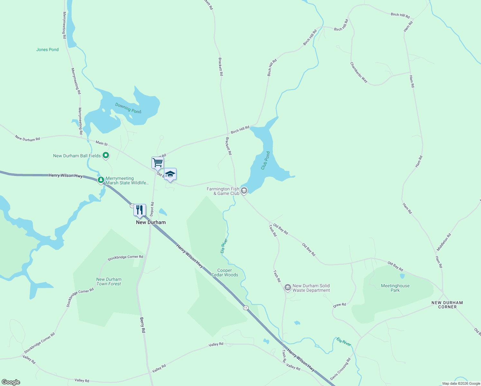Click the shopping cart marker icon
coord(158,162)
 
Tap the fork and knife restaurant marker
coord(140,210)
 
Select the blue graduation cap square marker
coord(170,174)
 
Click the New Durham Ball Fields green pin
coord(105,156)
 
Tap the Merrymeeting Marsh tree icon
coord(101,180)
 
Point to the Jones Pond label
coord(47,50)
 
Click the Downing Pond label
coord(128,108)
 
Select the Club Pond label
coord(265,161)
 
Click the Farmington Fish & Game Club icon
coord(244,191)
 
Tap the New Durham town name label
coord(151,222)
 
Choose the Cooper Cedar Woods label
coord(224,273)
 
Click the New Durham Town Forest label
coord(109,282)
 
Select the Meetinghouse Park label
coord(395,288)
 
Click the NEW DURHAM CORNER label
coord(447,305)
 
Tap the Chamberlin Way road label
coord(359,72)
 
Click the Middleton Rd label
coord(444,242)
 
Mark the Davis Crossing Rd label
coord(340,369)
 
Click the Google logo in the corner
coord(11,382)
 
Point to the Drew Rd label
coord(340,305)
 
